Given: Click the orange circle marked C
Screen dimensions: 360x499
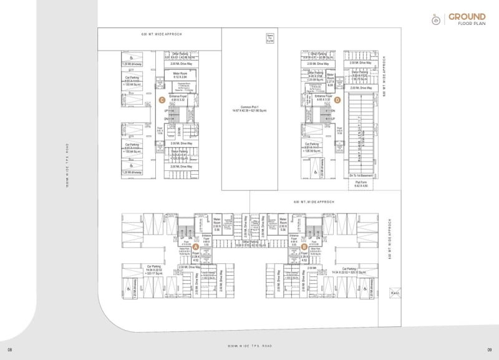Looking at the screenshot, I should tap(162, 99).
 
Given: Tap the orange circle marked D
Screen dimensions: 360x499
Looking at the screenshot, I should tap(337, 99).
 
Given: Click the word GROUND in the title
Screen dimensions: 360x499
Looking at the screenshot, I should tap(467, 17).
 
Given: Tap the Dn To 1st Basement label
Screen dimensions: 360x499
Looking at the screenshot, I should tap(361, 175).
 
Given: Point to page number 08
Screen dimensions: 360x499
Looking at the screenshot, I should tap(10, 349).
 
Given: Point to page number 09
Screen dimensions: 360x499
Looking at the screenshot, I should tap(490, 349).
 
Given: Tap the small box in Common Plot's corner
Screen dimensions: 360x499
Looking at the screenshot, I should tap(270, 38).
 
